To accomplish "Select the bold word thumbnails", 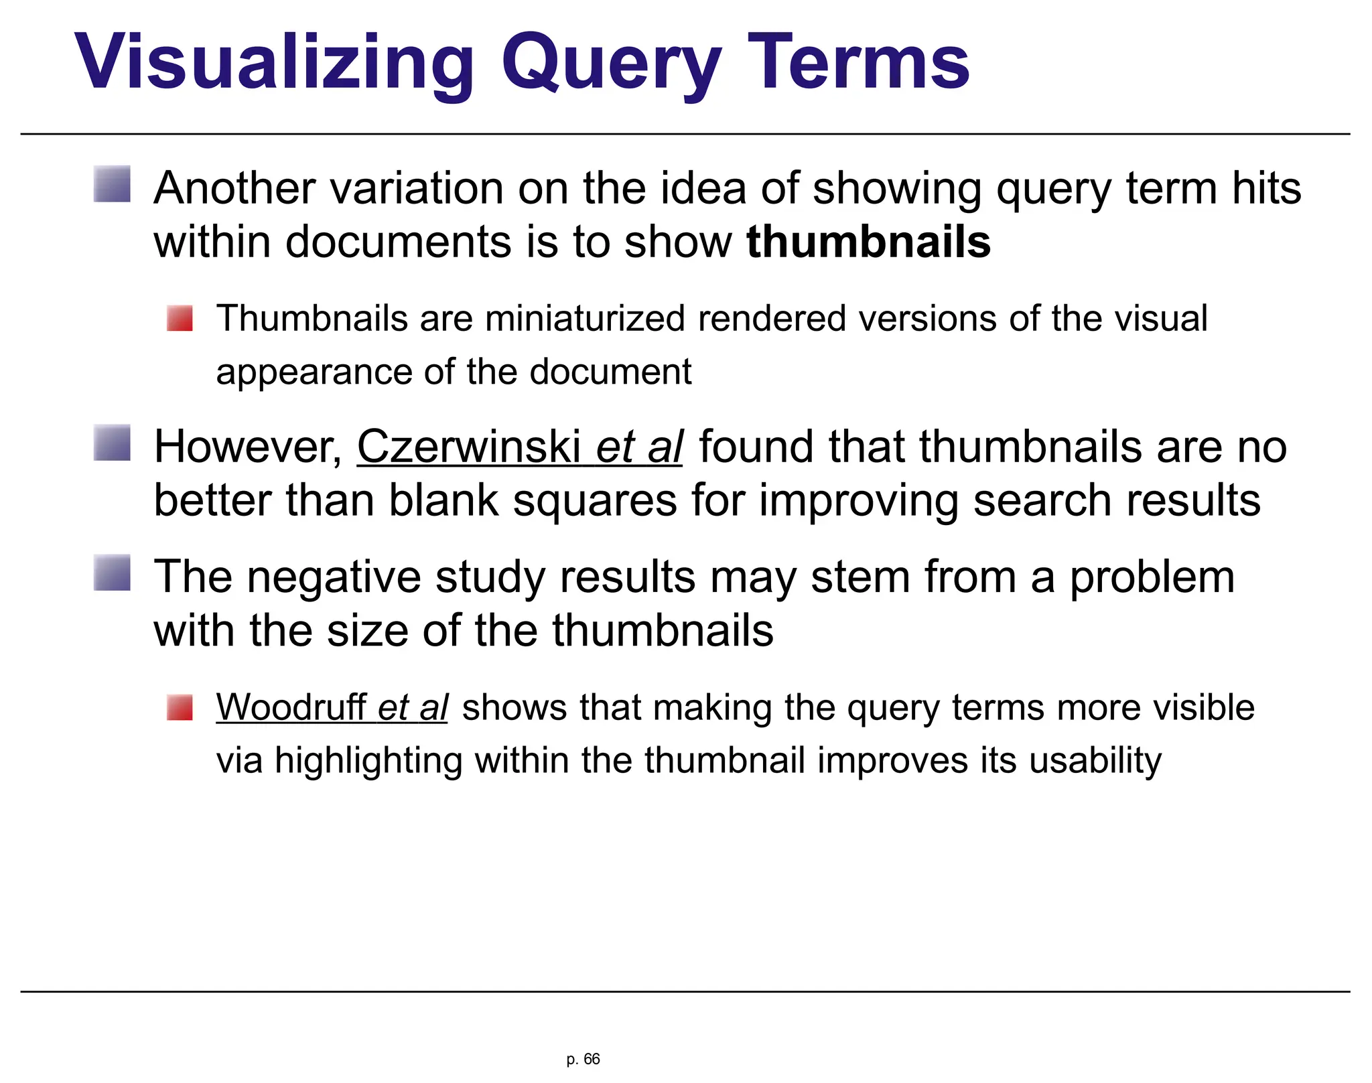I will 868,242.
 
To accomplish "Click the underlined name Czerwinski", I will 469,447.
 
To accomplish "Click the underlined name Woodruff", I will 291,707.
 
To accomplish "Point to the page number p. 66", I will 583,1059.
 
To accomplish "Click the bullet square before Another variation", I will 112,185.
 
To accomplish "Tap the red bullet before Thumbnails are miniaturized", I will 180,318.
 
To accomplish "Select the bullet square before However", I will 112,443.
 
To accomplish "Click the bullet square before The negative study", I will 112,573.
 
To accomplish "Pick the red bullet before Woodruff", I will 180,707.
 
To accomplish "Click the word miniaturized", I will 585,318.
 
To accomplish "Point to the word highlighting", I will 368,762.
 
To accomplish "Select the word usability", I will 1095,762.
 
